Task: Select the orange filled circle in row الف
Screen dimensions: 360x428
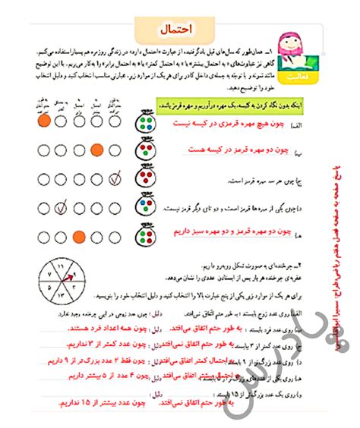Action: tap(43, 121)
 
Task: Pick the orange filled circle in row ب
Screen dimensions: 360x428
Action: tap(96, 150)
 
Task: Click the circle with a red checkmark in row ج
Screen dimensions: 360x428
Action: tap(115, 180)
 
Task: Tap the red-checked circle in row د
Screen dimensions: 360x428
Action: tap(62, 206)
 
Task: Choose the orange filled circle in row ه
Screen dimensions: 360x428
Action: tap(79, 236)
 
